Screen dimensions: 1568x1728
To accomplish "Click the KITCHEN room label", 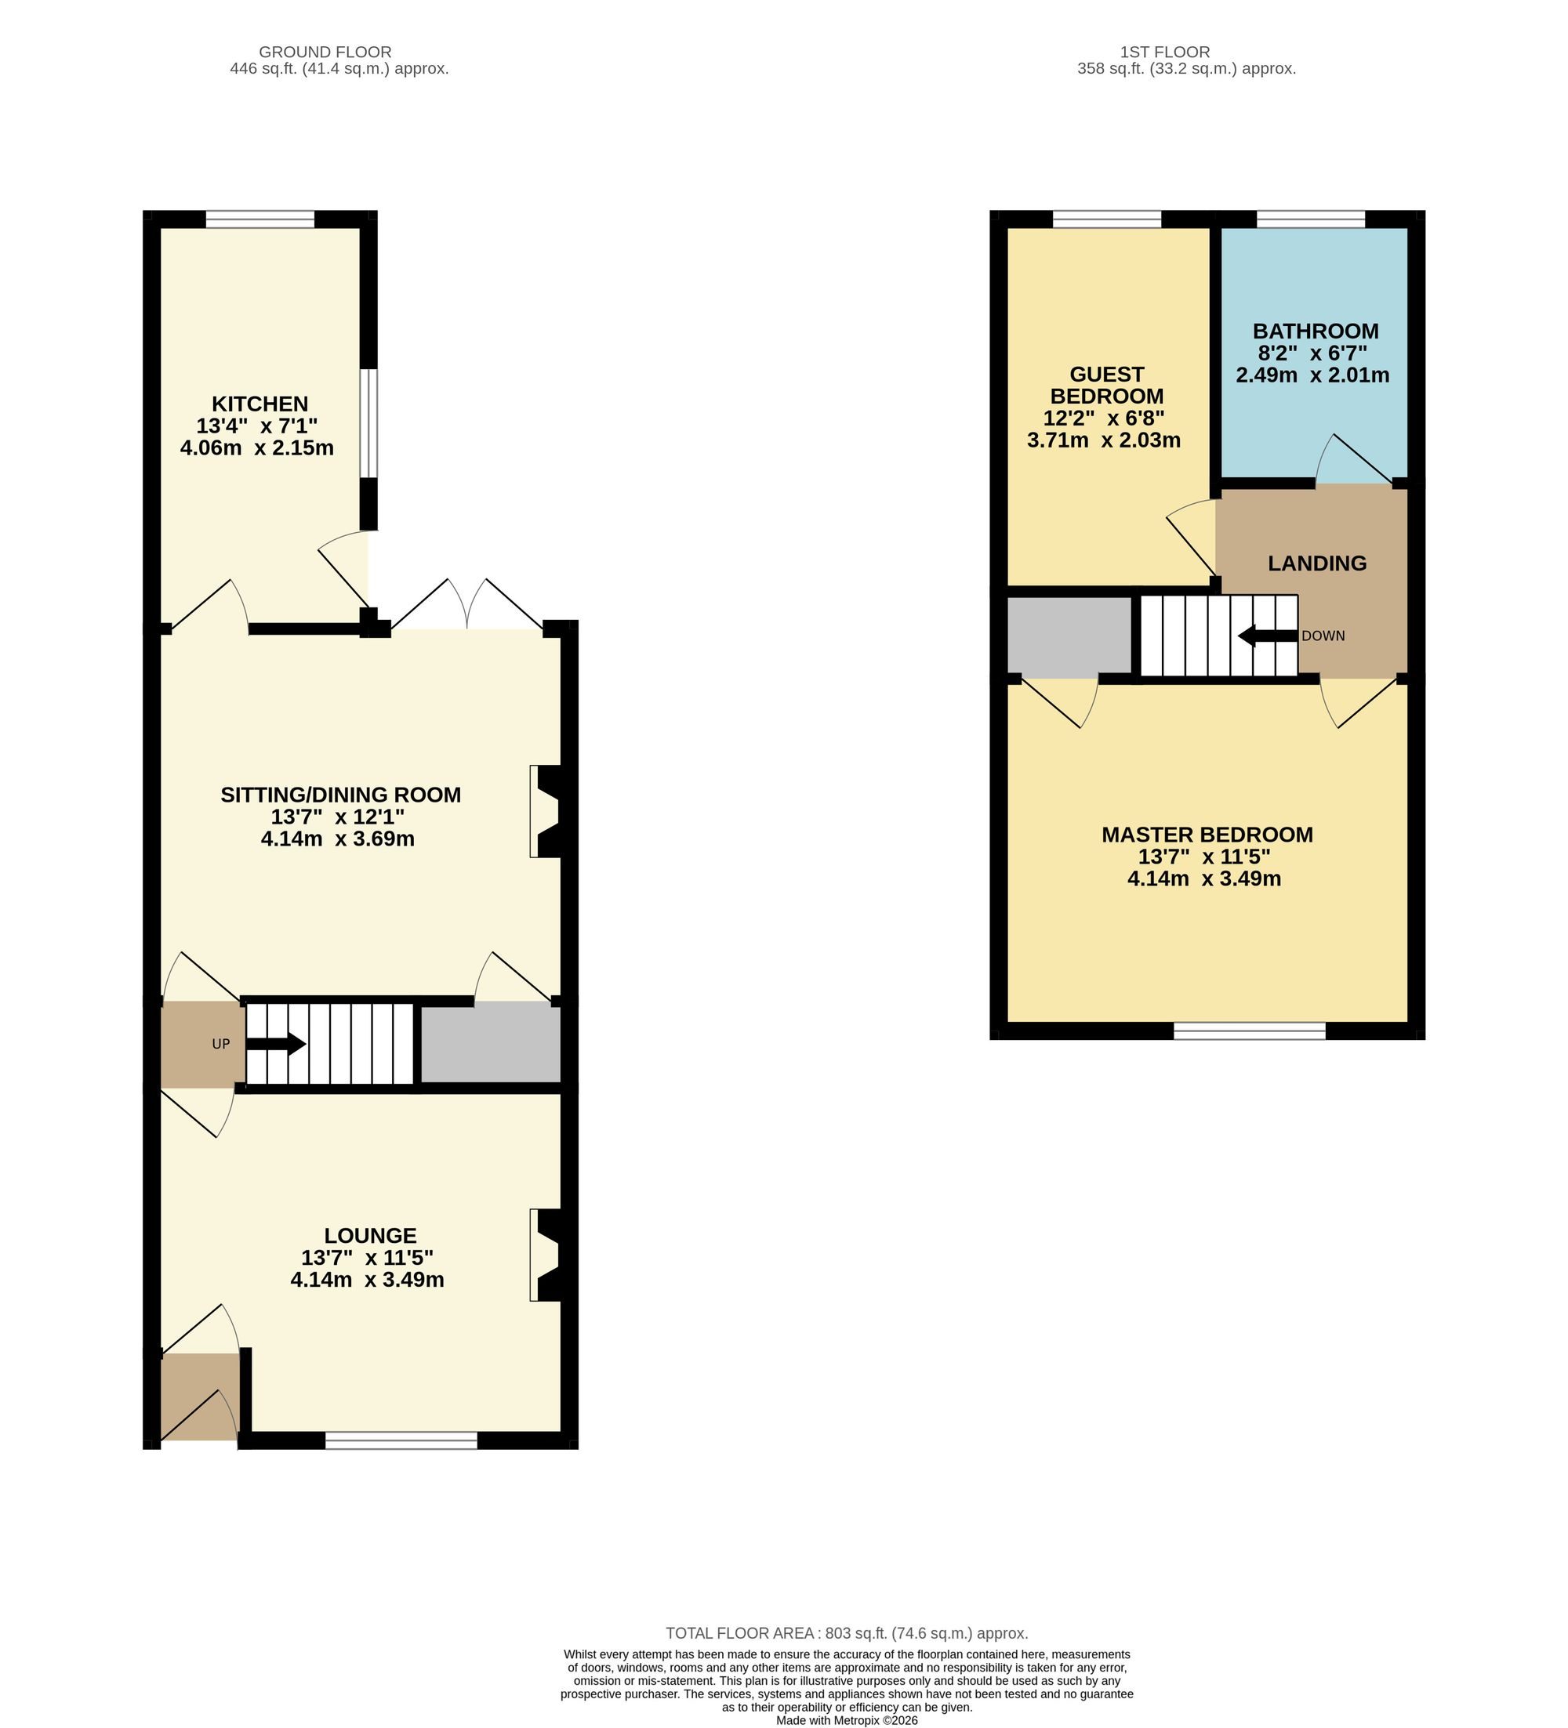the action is pos(260,404).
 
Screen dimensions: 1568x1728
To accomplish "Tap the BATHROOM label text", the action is pos(1315,331).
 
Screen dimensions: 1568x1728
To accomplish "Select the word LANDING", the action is pos(1317,563).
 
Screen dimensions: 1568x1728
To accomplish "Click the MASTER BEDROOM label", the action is pos(1207,834).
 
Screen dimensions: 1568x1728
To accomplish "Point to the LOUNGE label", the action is pos(370,1235).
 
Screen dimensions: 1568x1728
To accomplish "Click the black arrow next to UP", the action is pos(276,1044).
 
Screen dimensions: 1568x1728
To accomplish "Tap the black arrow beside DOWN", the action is pos(1268,636).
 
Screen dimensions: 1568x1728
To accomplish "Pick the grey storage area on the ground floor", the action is pos(490,1044).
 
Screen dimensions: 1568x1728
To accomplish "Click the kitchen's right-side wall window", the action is pos(368,422).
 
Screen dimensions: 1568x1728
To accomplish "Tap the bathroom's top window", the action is pos(1311,219).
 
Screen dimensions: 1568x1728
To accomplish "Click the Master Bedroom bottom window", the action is pos(1249,1031).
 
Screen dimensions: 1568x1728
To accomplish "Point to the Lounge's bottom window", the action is pos(401,1441).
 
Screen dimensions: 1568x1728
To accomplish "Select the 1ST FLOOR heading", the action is pos(1165,53).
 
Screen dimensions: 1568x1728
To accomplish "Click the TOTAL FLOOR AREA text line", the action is pos(847,1634).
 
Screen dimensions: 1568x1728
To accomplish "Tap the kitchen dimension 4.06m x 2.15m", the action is pos(257,447).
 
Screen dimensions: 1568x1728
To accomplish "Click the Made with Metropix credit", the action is pos(847,1720).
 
